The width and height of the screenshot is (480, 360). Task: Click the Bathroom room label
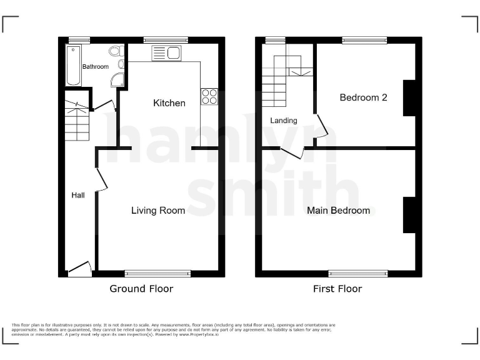(x=96, y=67)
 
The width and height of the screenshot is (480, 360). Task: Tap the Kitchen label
(x=169, y=103)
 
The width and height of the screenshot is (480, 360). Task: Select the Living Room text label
(x=158, y=211)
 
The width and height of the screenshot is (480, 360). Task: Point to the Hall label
(x=78, y=196)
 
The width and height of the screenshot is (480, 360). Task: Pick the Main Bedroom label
(x=338, y=211)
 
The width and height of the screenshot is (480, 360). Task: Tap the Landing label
(x=284, y=121)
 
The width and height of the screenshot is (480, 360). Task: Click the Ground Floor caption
(x=141, y=289)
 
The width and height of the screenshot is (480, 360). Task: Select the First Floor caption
(x=337, y=289)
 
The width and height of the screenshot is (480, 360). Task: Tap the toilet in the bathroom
(x=114, y=52)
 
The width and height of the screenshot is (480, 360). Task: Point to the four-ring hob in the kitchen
(x=209, y=96)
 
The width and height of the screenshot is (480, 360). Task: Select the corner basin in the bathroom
(x=117, y=79)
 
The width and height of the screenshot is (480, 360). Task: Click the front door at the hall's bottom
(x=79, y=269)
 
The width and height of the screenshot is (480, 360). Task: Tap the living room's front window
(x=157, y=273)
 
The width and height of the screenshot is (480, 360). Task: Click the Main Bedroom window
(x=358, y=273)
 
